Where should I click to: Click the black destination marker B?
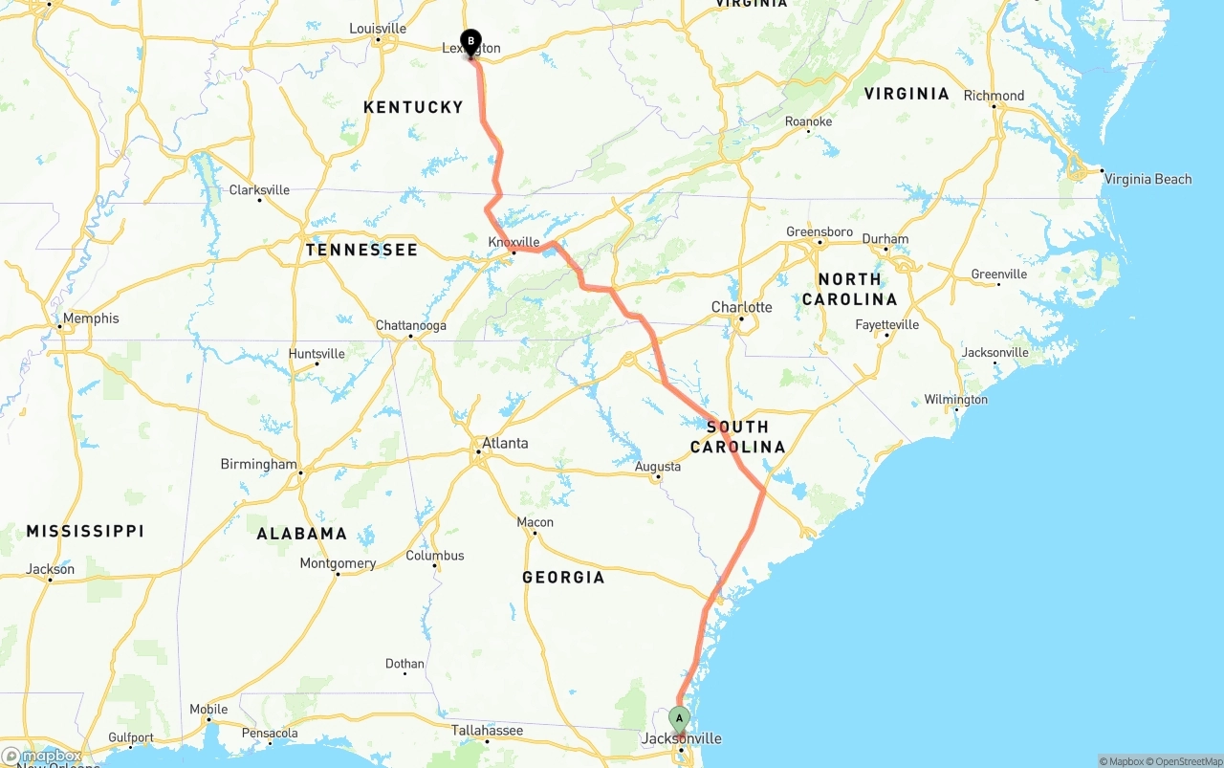470,41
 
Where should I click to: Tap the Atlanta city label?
504,443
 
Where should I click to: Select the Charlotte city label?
741,307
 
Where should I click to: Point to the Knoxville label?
514,242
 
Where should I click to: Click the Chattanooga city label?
410,325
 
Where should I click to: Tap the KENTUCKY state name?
413,107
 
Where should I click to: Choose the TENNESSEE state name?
361,250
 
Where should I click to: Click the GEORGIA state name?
563,577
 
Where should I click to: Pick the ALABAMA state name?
301,533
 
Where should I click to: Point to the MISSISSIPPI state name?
85,531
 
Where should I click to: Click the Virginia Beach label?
1147,179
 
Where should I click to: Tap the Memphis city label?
91,318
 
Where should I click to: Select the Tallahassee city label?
487,731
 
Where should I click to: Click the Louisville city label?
378,29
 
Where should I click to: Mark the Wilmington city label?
955,400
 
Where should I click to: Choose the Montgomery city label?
338,563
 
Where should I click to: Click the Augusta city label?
658,467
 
